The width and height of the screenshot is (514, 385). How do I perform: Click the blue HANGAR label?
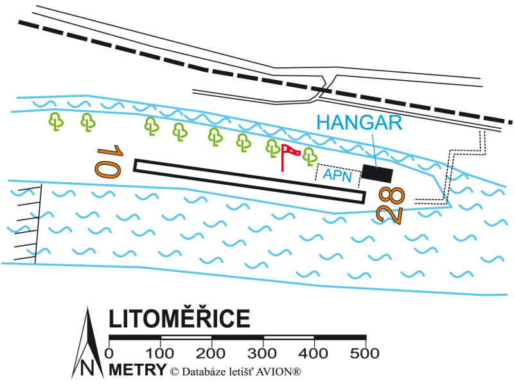[x=359, y=123]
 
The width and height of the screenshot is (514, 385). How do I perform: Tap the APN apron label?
[x=337, y=175]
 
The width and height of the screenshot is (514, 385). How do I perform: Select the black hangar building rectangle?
[x=377, y=173]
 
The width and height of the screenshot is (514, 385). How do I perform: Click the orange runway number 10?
[x=109, y=162]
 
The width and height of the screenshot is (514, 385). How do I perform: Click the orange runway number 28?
[x=391, y=205]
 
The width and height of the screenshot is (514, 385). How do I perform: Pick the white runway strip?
[x=249, y=181]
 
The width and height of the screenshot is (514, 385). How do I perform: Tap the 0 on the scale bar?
[x=109, y=354]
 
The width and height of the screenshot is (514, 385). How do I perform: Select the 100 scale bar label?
[x=159, y=354]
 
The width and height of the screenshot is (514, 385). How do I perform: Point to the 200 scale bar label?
[x=211, y=354]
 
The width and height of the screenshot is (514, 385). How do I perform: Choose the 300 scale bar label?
[x=262, y=354]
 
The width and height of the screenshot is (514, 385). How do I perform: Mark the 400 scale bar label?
[x=314, y=354]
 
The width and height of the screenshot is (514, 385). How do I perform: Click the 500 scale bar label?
[x=365, y=354]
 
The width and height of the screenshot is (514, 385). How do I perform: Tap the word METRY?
[x=137, y=370]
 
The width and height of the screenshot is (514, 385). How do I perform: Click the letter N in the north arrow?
[x=87, y=368]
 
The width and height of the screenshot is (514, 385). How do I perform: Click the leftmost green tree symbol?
[x=56, y=121]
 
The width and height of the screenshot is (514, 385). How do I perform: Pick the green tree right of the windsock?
[x=310, y=157]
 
